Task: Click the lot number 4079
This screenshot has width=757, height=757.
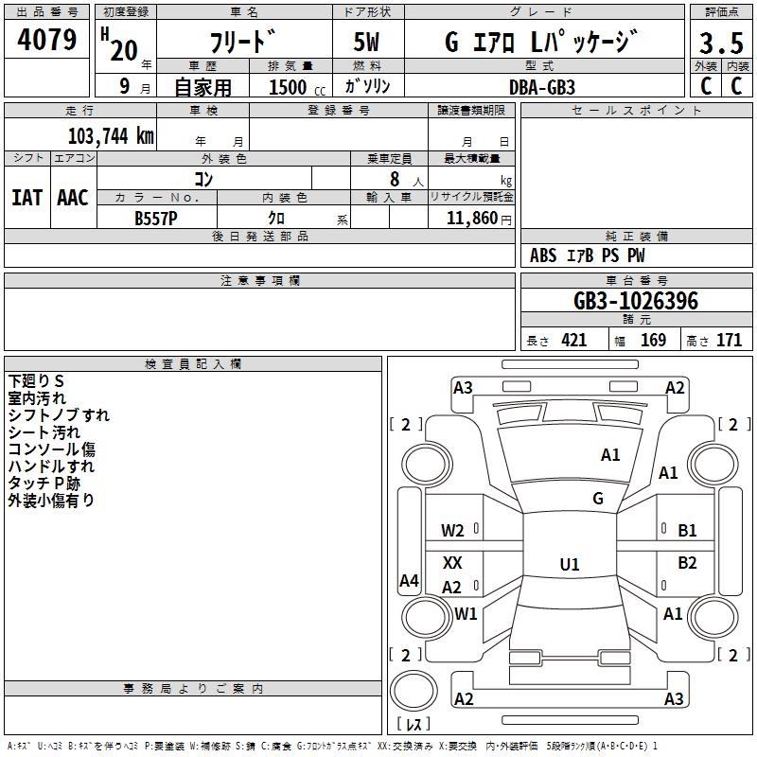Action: click(x=47, y=42)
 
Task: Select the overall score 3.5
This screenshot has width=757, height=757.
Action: click(x=720, y=44)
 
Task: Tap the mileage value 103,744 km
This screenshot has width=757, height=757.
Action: click(x=111, y=136)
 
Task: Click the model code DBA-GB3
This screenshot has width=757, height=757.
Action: click(x=541, y=86)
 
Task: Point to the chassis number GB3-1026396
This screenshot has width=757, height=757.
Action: click(x=636, y=302)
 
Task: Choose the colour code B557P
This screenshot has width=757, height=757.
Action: click(x=157, y=218)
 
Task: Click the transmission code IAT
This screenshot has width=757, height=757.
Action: click(x=26, y=198)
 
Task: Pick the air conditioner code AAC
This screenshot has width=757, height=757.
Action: click(x=73, y=198)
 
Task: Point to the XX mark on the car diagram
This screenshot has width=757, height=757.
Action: click(x=453, y=563)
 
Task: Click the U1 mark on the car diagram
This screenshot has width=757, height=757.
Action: click(x=569, y=565)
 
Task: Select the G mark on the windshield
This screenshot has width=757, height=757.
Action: click(x=597, y=499)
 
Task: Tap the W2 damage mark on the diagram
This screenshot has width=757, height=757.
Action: click(x=453, y=531)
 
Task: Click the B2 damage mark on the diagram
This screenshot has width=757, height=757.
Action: click(x=687, y=563)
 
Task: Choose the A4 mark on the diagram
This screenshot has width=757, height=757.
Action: click(x=409, y=581)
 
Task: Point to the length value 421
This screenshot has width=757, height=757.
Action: click(x=573, y=341)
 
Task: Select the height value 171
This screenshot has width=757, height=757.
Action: click(x=729, y=341)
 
